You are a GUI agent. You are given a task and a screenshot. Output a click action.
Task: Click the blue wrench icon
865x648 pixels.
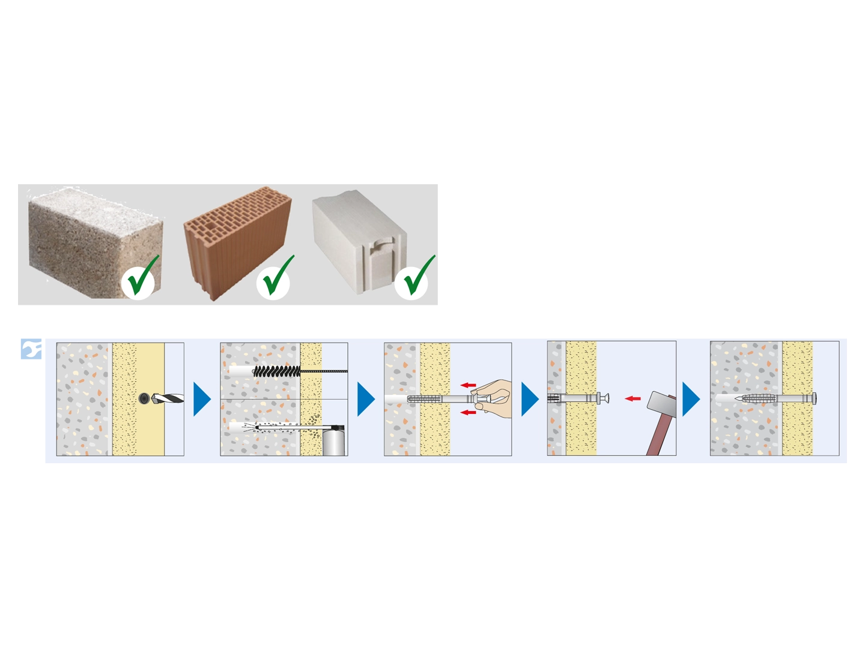tap(31, 348)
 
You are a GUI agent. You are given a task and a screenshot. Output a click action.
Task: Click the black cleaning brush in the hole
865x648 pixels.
tap(276, 371)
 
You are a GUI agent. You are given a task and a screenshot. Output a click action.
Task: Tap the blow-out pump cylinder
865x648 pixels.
tap(334, 440)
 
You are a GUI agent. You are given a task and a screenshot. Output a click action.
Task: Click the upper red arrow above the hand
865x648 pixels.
tap(469, 385)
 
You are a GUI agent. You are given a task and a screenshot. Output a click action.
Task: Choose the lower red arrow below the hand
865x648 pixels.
tap(469, 412)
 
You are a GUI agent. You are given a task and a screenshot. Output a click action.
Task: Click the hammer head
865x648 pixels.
tap(661, 404)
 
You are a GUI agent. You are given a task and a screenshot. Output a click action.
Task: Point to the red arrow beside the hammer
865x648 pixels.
tap(633, 398)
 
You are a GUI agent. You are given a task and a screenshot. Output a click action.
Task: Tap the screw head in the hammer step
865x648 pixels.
tap(605, 397)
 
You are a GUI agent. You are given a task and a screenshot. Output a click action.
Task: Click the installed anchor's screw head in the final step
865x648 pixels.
tap(814, 398)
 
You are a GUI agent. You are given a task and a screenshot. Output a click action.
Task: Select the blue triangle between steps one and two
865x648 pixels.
tap(201, 400)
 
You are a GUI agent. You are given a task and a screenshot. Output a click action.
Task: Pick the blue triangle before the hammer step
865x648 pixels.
tap(529, 399)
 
